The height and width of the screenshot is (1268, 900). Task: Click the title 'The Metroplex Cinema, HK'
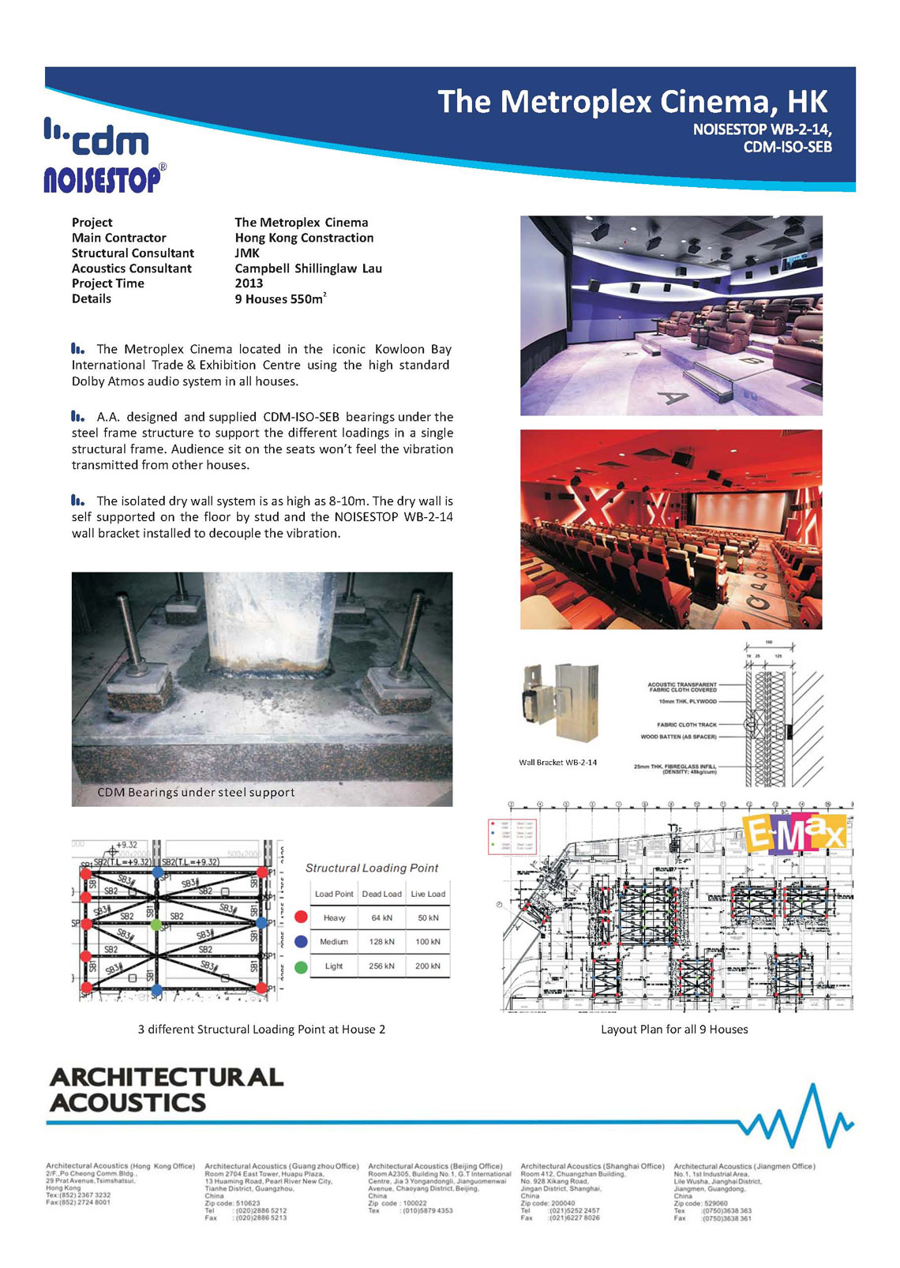pos(632,102)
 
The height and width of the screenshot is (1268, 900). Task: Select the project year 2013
pos(249,283)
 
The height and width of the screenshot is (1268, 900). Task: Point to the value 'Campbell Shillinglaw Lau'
pos(308,268)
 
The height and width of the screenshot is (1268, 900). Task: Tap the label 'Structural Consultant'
pos(133,253)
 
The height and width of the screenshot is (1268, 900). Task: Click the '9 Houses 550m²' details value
pos(279,299)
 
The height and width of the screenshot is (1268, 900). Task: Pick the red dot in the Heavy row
pos(301,917)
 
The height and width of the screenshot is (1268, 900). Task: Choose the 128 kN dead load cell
pos(381,942)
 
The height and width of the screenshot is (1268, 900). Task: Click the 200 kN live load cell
pos(428,966)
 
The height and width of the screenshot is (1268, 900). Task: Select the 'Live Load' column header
pos(428,894)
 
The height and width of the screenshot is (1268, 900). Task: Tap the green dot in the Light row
pos(301,966)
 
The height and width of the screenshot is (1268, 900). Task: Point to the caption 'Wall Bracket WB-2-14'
pos(557,763)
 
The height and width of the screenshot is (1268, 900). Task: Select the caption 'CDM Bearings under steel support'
pos(196,792)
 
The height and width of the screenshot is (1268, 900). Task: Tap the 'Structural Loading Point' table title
pos(372,868)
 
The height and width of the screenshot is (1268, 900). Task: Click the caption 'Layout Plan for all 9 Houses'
pos(674,1030)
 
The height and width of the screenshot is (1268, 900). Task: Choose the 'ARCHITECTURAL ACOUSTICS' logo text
pos(166,1090)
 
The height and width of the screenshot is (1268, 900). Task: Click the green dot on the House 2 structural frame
pos(156,924)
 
